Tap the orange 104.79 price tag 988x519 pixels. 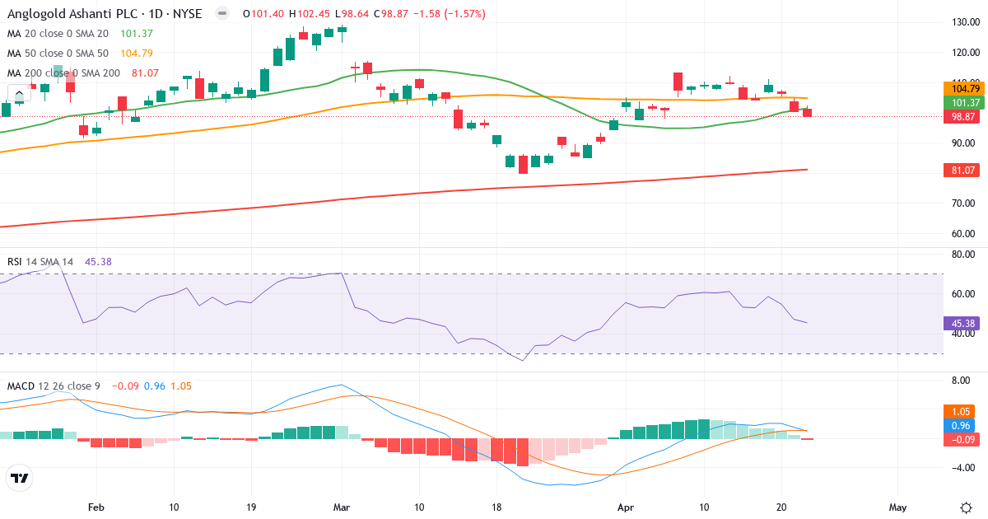tap(959, 88)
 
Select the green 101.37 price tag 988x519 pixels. tap(959, 102)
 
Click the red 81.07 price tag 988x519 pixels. tap(959, 170)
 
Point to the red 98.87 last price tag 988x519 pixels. tap(959, 117)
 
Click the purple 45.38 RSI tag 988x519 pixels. tap(959, 324)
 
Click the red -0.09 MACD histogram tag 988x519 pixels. tap(960, 439)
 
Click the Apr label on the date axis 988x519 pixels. tap(627, 507)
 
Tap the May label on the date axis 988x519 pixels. tap(898, 507)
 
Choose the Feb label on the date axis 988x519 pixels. tap(97, 507)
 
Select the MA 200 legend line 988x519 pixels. tap(64, 72)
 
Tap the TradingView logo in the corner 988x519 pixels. tap(19, 478)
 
